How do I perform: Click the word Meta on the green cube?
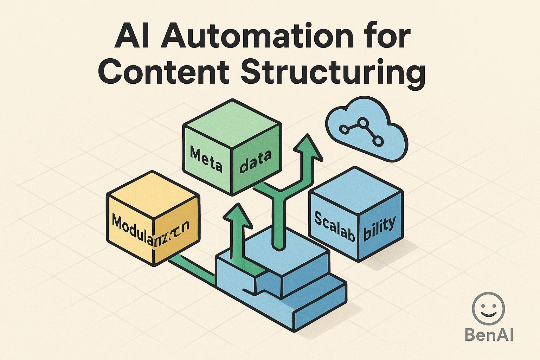[x=206, y=159]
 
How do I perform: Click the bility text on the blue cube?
[x=379, y=228]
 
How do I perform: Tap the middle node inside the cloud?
[x=363, y=123]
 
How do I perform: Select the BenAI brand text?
[x=489, y=334]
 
